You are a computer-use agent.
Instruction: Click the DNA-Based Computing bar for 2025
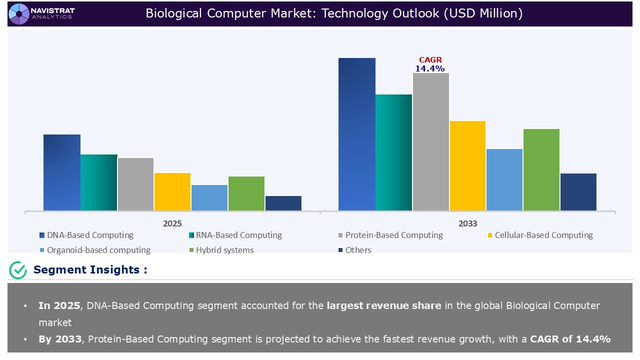(x=62, y=172)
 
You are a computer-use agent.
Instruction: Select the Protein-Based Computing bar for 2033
(x=431, y=141)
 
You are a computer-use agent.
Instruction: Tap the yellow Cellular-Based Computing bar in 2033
(x=467, y=165)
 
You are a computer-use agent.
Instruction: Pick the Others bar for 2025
(x=283, y=203)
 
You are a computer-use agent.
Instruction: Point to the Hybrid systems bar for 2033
(x=541, y=169)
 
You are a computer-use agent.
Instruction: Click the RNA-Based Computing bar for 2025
(x=99, y=182)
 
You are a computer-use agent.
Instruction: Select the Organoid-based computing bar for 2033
(x=504, y=179)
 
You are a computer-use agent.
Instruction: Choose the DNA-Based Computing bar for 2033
(x=357, y=134)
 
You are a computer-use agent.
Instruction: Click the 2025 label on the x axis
(x=172, y=223)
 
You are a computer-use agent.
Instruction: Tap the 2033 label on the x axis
(x=467, y=223)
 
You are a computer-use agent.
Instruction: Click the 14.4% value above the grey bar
(x=430, y=68)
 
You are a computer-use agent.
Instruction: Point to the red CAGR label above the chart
(x=430, y=60)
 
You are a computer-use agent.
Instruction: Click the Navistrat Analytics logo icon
(x=19, y=13)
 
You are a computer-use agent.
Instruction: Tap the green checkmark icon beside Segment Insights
(x=18, y=270)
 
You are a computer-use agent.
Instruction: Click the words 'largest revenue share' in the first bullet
(x=384, y=305)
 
